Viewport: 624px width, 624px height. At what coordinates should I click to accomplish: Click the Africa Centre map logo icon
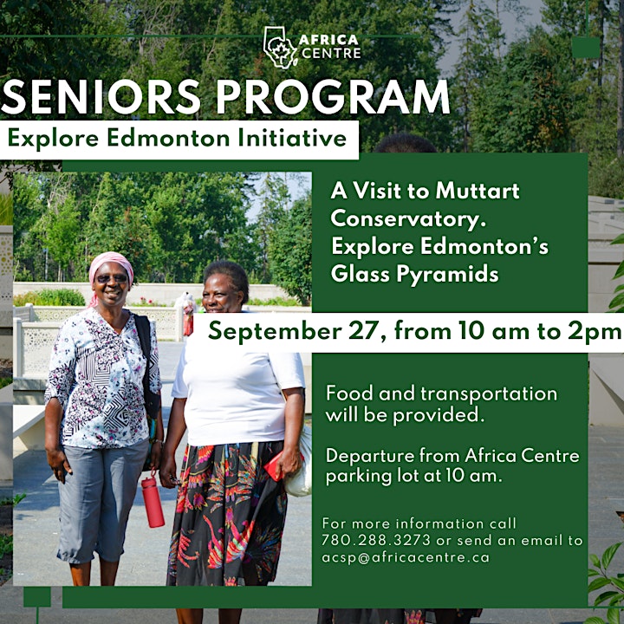pos(280,48)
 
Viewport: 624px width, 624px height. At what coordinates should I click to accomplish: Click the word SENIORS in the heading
pos(101,97)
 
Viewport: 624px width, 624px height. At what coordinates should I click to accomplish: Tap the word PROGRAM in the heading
pos(333,97)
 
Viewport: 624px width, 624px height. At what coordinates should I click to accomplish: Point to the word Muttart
pos(478,191)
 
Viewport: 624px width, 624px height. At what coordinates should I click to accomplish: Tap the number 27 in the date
pos(367,331)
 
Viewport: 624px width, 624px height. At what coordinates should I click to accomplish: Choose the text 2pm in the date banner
pos(595,332)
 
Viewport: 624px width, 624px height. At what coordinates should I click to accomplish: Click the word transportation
pos(489,394)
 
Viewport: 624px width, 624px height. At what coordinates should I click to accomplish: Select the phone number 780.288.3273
pos(376,540)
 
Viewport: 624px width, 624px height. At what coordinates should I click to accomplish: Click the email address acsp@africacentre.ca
pos(406,558)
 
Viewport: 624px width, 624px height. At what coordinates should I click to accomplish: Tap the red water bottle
pos(153,501)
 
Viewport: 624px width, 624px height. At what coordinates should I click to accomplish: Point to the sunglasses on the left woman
pos(112,278)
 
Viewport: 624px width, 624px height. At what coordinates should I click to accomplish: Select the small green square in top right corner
pos(586,48)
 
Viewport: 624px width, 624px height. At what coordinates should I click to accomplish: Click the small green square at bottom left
pos(37,596)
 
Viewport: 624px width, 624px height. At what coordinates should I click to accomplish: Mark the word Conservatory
pos(408,218)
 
